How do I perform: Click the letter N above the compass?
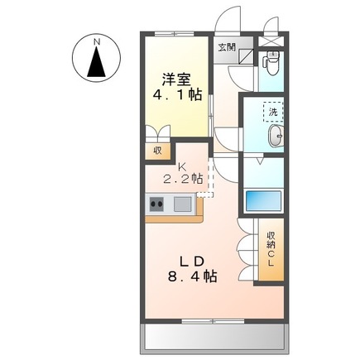pyautogui.click(x=97, y=40)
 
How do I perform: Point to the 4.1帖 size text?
pyautogui.click(x=177, y=96)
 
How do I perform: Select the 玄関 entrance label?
pyautogui.click(x=227, y=48)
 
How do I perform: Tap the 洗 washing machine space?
pyautogui.click(x=271, y=113)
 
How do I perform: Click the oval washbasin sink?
pyautogui.click(x=276, y=137)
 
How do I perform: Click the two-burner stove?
pyautogui.click(x=158, y=204)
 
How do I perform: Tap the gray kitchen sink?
pyautogui.click(x=182, y=204)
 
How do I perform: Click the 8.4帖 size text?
pyautogui.click(x=190, y=277)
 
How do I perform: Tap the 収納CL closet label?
pyautogui.click(x=271, y=252)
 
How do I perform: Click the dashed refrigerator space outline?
pyautogui.click(x=204, y=178)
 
